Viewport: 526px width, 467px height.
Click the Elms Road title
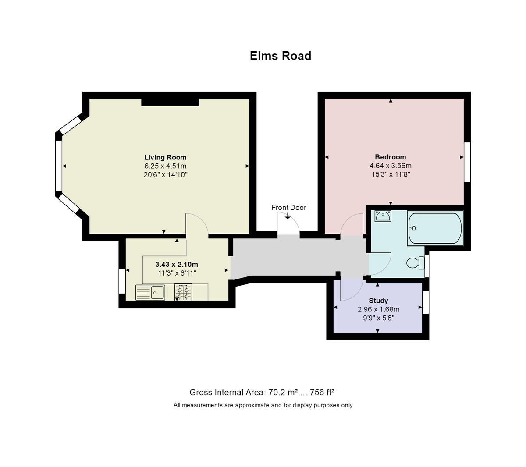click(x=280, y=56)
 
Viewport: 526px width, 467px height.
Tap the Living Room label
click(x=165, y=157)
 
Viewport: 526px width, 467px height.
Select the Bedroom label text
click(x=390, y=157)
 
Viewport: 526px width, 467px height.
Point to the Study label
click(x=378, y=301)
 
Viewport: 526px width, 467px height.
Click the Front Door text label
click(x=289, y=208)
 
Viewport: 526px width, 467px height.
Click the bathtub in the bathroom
click(x=435, y=228)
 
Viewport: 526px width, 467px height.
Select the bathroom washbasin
click(x=383, y=216)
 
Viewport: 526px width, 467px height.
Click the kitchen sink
click(x=150, y=292)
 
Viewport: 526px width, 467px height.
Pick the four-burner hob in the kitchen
click(x=183, y=292)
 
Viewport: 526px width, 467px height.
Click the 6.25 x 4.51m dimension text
click(x=165, y=166)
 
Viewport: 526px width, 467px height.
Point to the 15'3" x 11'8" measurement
click(x=391, y=174)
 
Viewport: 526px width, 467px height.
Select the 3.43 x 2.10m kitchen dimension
click(x=177, y=264)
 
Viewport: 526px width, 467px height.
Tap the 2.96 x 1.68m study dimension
click(x=378, y=310)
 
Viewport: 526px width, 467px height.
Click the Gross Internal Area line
click(x=262, y=392)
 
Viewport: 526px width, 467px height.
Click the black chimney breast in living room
click(x=170, y=102)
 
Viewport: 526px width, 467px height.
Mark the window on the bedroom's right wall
click(x=467, y=162)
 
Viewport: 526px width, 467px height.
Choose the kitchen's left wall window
click(x=122, y=281)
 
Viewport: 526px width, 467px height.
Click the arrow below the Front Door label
click(x=288, y=216)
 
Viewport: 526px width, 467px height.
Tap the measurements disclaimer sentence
click(x=263, y=405)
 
